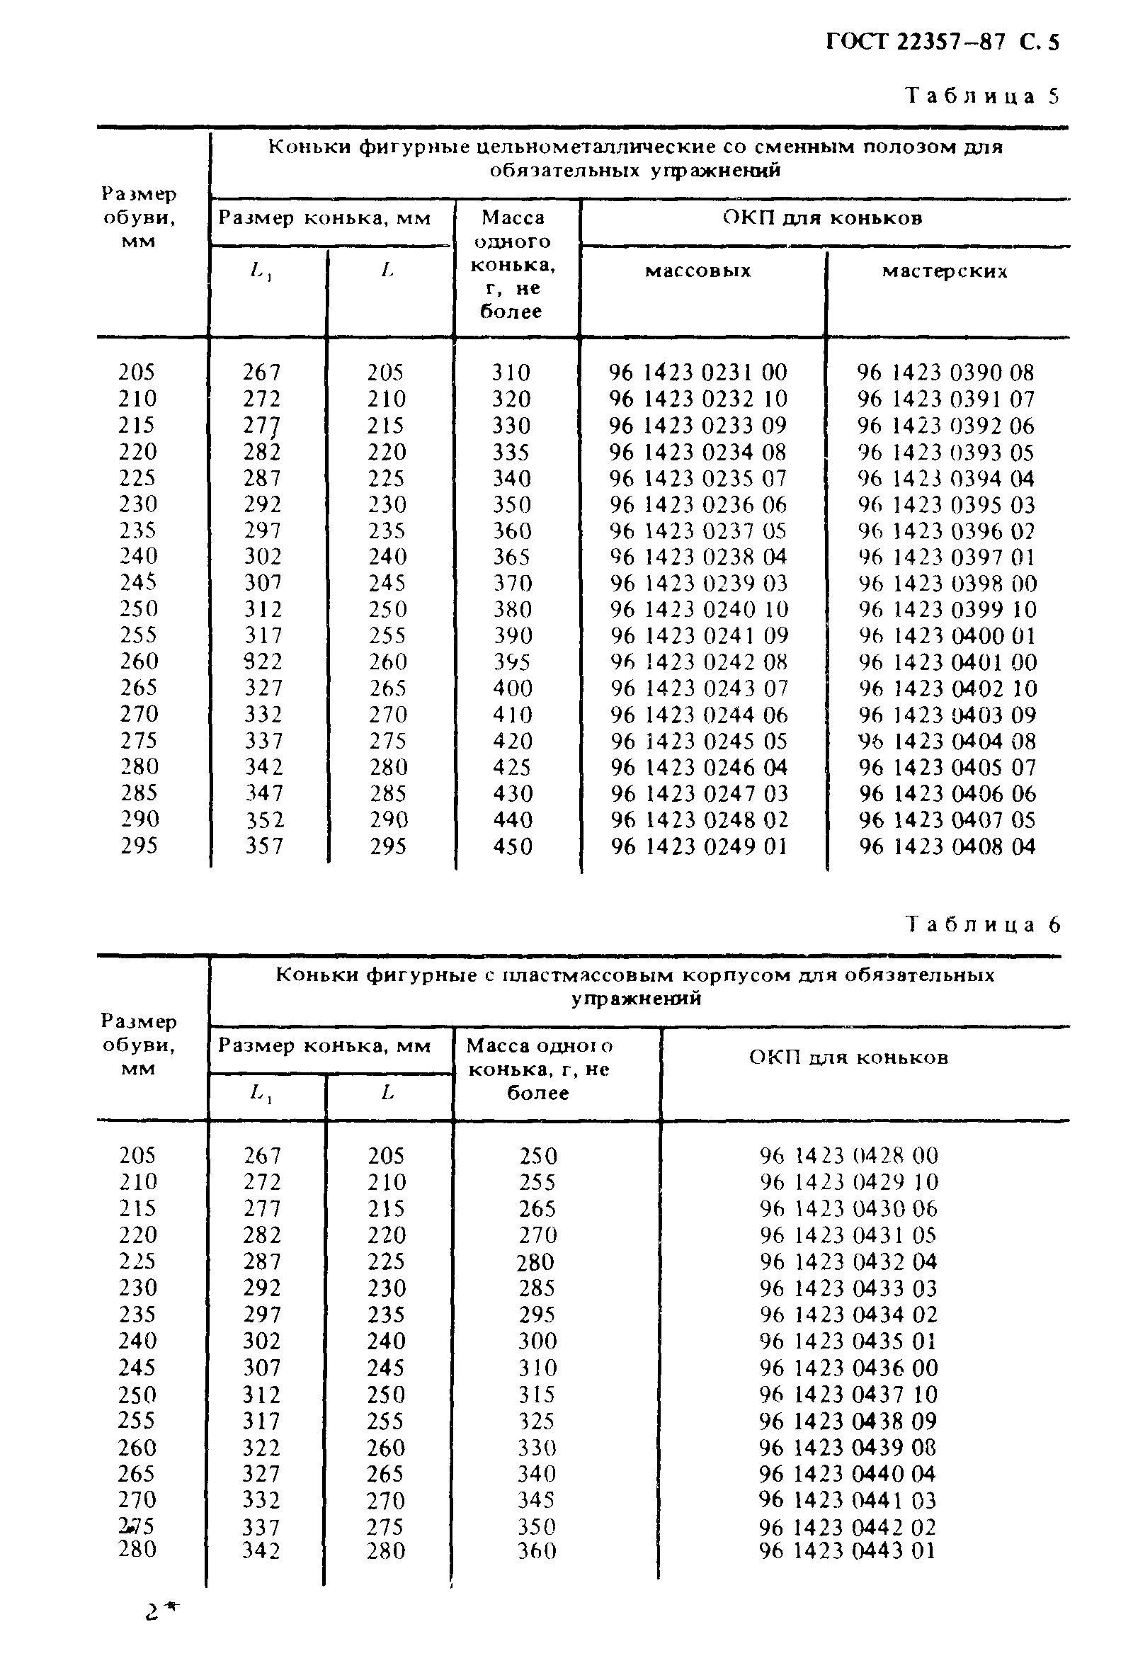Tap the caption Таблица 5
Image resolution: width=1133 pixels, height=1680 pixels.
[983, 96]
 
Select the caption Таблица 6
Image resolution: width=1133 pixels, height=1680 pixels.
[983, 925]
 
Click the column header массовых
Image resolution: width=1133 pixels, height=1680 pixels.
[698, 271]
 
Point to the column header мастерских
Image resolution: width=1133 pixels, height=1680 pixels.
[945, 272]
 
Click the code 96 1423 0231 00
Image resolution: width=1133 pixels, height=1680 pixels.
[698, 373]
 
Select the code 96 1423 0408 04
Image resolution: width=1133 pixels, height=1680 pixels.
[947, 846]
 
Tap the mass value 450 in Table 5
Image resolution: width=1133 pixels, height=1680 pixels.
[512, 846]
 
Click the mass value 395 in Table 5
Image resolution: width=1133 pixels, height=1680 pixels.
[511, 662]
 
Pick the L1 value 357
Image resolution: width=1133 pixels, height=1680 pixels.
[263, 846]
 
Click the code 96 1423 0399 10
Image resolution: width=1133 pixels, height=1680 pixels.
[947, 609]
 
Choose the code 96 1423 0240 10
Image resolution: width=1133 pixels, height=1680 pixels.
[699, 609]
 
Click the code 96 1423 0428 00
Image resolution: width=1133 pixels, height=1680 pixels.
[848, 1156]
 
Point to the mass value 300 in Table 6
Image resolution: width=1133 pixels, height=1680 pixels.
[537, 1341]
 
